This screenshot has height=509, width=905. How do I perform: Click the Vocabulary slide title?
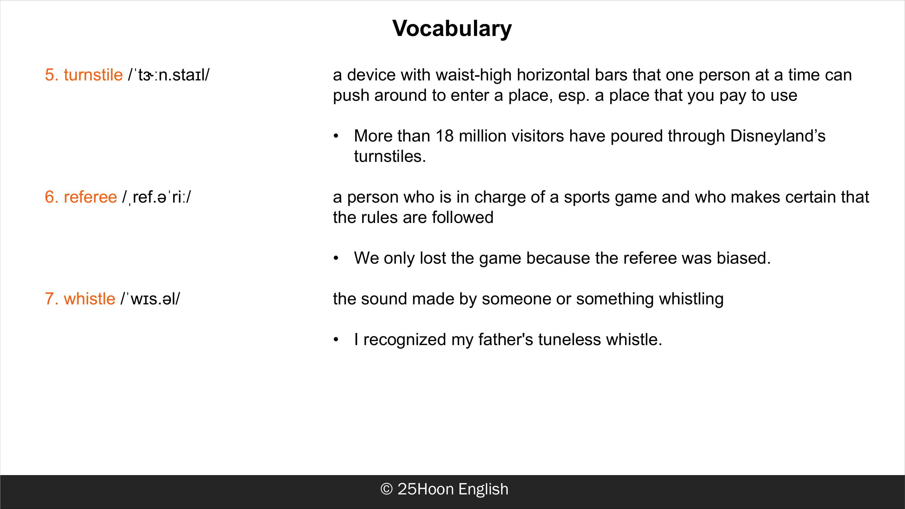tap(452, 29)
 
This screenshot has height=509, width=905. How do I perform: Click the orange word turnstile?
tap(93, 75)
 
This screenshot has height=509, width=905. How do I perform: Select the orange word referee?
tap(90, 197)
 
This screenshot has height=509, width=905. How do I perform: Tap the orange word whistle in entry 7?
tap(89, 299)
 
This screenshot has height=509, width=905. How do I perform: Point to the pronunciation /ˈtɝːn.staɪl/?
tap(169, 75)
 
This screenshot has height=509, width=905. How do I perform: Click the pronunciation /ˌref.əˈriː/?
tap(157, 197)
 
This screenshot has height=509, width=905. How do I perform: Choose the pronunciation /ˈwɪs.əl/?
tap(150, 299)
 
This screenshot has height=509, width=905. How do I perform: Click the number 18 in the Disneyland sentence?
tap(445, 136)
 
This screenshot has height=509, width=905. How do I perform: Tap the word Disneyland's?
tap(778, 136)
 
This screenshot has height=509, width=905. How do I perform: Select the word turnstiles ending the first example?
tap(390, 156)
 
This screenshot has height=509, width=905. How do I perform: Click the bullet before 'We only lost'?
tap(336, 258)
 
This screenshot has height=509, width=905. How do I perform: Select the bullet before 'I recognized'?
tap(336, 340)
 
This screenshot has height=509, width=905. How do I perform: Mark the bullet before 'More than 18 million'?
tap(336, 136)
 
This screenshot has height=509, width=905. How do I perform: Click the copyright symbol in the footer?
tap(386, 489)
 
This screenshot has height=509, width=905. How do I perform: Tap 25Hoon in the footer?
tap(426, 489)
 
